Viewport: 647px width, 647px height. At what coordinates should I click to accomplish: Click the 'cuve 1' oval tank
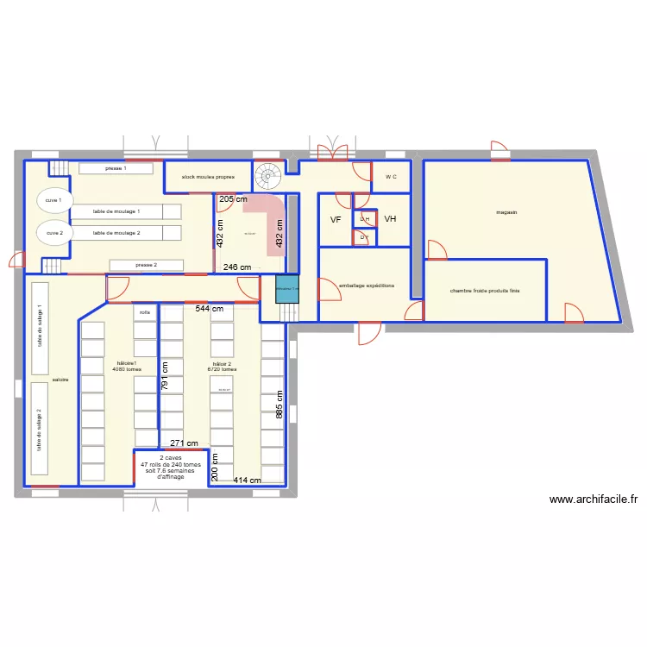coord(53,200)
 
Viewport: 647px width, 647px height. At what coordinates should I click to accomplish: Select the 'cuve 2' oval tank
coord(53,232)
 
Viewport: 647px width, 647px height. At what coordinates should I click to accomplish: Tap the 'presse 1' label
coord(116,168)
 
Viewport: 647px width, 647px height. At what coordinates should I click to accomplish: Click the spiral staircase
coord(268,177)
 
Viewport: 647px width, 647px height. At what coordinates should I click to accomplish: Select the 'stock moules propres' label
coord(207,177)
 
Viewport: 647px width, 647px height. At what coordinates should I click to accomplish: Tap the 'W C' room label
coord(391,177)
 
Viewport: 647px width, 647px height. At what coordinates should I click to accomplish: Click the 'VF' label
coord(336,220)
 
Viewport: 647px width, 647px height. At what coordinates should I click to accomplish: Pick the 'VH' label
coord(390,220)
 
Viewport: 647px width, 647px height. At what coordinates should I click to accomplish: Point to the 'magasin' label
coord(506,211)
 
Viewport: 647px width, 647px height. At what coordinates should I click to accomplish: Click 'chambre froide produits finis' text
coord(485,291)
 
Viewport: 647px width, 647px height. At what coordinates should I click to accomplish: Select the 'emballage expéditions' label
coord(367,285)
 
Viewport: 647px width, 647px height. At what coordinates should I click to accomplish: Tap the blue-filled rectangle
coord(286,288)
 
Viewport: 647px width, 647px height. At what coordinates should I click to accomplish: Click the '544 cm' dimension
coord(209,308)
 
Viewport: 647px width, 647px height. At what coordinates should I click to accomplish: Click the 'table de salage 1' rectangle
coord(40,328)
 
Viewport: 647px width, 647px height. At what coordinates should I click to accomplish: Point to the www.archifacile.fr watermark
coord(593,499)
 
